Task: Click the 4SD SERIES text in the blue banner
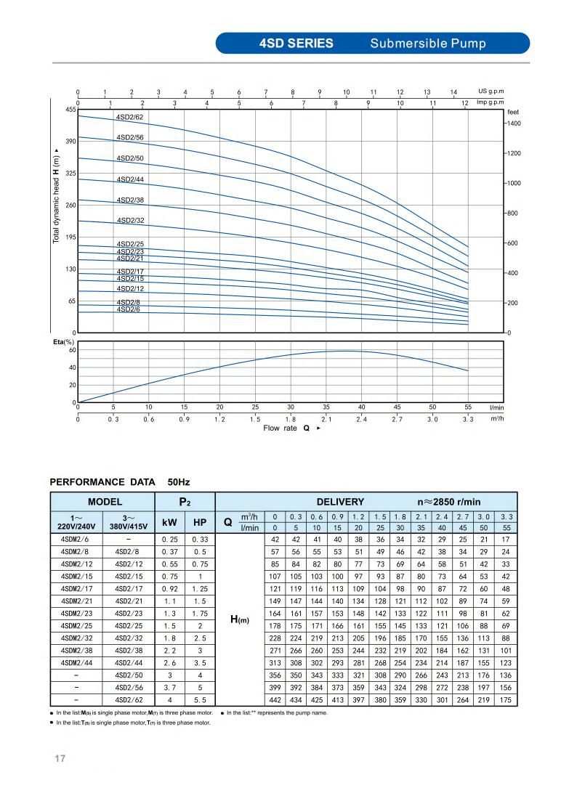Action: tap(296, 44)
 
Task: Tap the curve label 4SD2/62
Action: tap(130, 117)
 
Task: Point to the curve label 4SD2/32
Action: tap(130, 221)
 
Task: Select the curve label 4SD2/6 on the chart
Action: tap(128, 309)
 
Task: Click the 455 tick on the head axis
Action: tap(70, 110)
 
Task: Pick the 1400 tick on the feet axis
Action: tap(514, 124)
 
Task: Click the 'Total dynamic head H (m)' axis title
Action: tap(57, 196)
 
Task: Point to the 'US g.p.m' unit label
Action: tap(491, 91)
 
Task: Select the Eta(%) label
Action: tap(64, 342)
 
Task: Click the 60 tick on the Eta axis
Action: tap(72, 350)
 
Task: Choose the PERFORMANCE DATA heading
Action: tap(102, 481)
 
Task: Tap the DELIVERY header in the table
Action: tap(340, 502)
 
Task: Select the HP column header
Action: tap(200, 522)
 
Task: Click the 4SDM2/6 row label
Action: tap(76, 540)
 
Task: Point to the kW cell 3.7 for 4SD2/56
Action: tap(170, 687)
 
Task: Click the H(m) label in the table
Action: tap(240, 619)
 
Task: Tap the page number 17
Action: tap(60, 760)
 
